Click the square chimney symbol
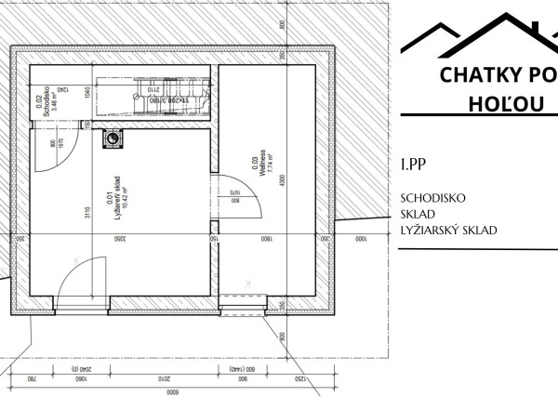pos(113,139)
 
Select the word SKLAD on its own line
pos(418,215)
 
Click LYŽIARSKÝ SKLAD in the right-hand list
pos(447,231)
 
